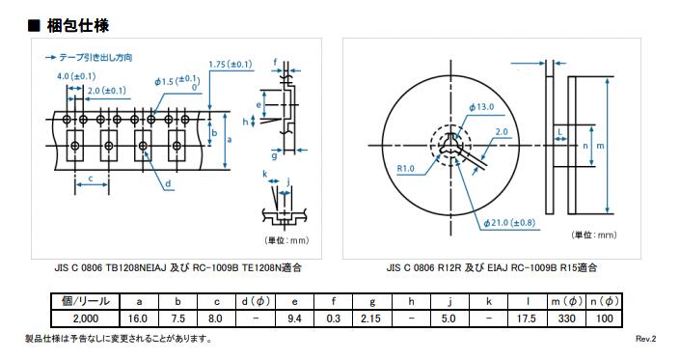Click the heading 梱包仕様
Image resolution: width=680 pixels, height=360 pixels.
(78, 26)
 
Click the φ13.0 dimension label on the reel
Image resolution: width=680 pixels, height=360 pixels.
(481, 107)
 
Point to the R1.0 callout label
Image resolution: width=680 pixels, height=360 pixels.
(405, 168)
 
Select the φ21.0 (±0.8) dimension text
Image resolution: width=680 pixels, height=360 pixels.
(509, 223)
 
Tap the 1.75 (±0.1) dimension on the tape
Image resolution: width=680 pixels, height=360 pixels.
(231, 65)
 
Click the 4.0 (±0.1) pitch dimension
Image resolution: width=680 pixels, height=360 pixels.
(76, 76)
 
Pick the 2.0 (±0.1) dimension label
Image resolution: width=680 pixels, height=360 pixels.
(107, 91)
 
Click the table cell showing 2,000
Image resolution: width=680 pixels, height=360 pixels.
(86, 318)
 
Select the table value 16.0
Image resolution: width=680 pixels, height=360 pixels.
(138, 318)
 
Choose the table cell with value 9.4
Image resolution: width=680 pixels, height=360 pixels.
(294, 318)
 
